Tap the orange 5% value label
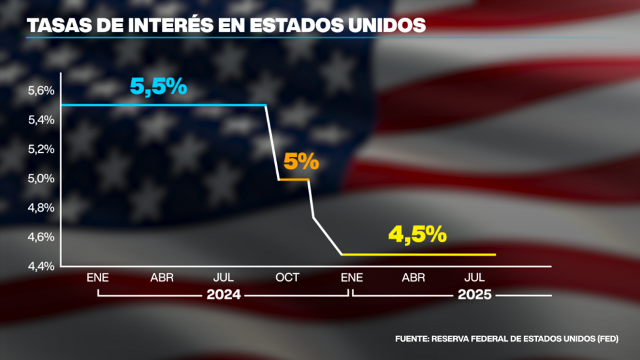click(x=301, y=161)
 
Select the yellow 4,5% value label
click(x=417, y=234)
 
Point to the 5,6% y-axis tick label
click(x=41, y=91)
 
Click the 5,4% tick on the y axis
click(x=41, y=120)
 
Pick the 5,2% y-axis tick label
click(x=41, y=149)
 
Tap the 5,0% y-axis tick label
click(x=41, y=178)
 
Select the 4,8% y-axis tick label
click(x=41, y=208)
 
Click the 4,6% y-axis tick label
click(x=41, y=237)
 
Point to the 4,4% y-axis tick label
click(x=41, y=266)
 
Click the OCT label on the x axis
click(x=287, y=278)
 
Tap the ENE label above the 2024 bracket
click(x=98, y=278)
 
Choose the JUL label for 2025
click(x=475, y=278)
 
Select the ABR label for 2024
click(x=162, y=278)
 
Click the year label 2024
click(x=223, y=295)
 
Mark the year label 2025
click(x=475, y=295)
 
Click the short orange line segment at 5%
click(x=294, y=179)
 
